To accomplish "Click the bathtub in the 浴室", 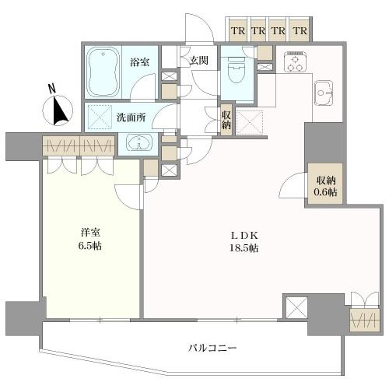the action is click(x=103, y=72).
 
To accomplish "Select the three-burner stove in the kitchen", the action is click(x=295, y=62).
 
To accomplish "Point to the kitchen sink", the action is click(x=324, y=93).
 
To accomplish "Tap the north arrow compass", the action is click(x=58, y=110).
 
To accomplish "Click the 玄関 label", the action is click(x=198, y=61).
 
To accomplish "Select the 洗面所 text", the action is click(x=131, y=118).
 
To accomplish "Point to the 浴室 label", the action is click(x=140, y=62).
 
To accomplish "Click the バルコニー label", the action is click(x=212, y=348).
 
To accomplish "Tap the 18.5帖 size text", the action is click(x=244, y=248).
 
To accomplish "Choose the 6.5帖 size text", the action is click(x=90, y=246).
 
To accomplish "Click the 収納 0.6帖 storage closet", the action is click(x=325, y=184).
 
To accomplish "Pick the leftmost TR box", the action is click(x=238, y=30).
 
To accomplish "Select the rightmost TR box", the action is click(x=300, y=30).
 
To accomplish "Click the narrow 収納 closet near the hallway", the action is click(x=226, y=120).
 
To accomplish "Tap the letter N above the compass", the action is click(x=52, y=89).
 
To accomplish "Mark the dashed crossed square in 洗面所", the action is click(x=100, y=117).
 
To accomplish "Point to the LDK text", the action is click(x=244, y=236).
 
